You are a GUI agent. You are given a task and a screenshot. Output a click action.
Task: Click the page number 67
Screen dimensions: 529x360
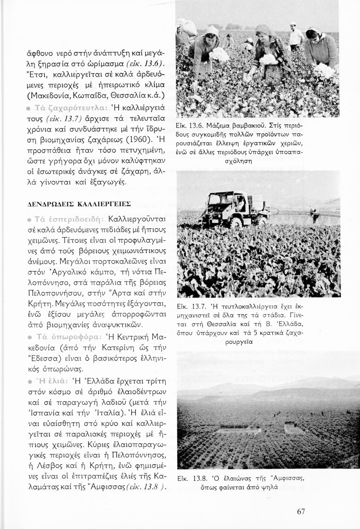[301, 511]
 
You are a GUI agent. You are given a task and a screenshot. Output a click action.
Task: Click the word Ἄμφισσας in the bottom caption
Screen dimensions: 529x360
[287, 479]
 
